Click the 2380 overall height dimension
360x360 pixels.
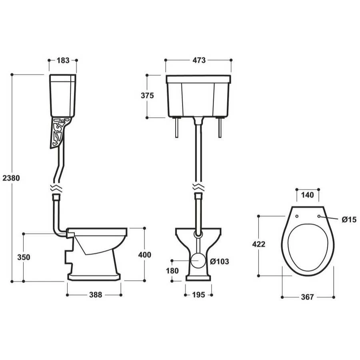click(11, 178)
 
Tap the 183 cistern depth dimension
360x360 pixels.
click(63, 60)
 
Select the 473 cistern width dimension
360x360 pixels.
click(199, 60)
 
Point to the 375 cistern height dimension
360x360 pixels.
click(147, 95)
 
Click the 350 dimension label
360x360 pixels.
click(24, 257)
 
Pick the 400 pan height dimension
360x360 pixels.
click(145, 255)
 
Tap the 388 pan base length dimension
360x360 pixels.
click(96, 295)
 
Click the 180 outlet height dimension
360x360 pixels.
click(172, 271)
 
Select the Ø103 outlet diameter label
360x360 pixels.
click(220, 261)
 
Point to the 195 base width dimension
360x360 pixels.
click(198, 295)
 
